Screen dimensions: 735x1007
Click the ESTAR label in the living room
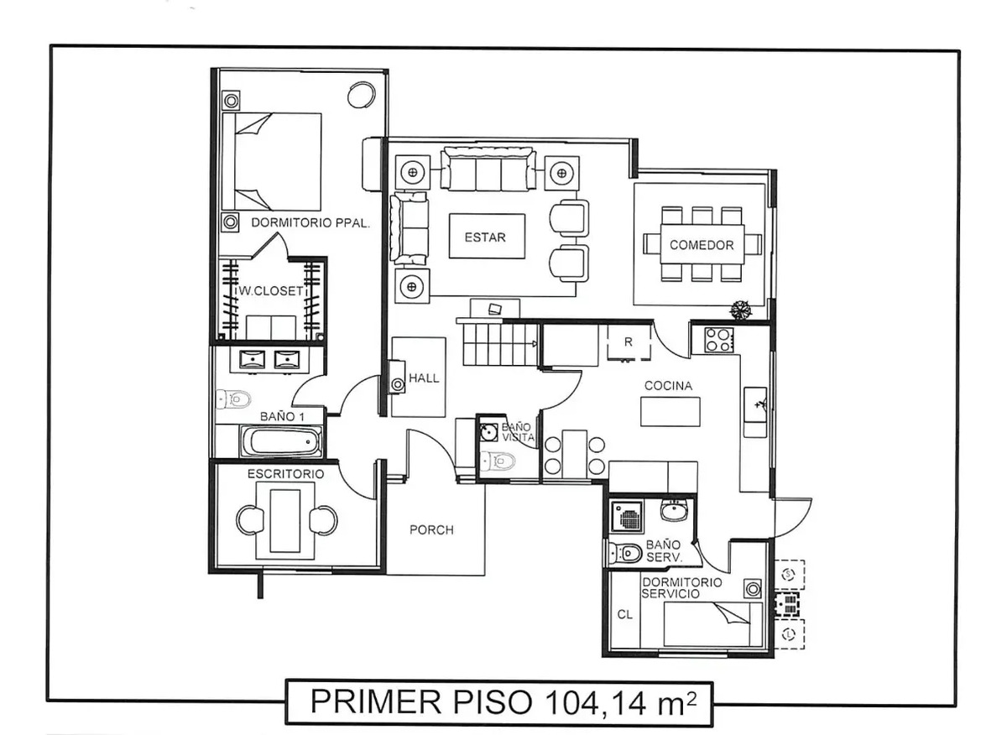(x=485, y=237)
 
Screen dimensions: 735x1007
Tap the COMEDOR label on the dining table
(x=702, y=245)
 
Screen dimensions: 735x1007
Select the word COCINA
(x=668, y=386)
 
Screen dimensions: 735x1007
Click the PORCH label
(x=431, y=529)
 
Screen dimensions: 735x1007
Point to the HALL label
(x=424, y=378)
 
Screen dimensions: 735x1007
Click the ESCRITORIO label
(x=285, y=474)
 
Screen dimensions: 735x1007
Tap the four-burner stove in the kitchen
(x=718, y=339)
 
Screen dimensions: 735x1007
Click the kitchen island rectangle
(x=670, y=412)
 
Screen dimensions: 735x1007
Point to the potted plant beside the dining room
(x=740, y=310)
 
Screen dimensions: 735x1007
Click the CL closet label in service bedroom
(x=624, y=613)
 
